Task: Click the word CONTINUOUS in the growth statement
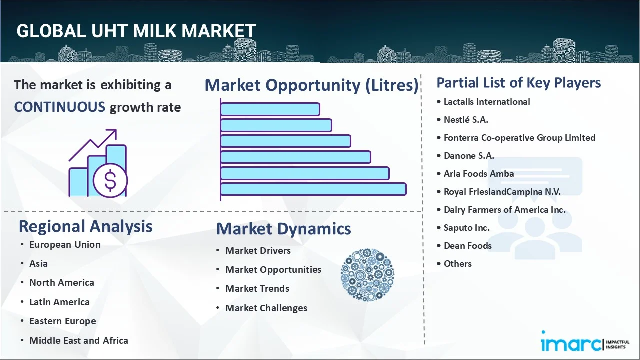(x=59, y=107)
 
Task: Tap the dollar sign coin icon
(x=110, y=181)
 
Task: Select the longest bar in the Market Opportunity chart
(x=313, y=189)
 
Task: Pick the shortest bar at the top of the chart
(x=270, y=109)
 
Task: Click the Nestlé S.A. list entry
(x=466, y=120)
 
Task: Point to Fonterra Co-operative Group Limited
(x=519, y=138)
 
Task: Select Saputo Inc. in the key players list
(x=467, y=228)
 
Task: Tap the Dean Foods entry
(x=467, y=246)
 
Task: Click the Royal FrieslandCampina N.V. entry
(x=502, y=192)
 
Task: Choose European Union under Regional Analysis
(x=65, y=245)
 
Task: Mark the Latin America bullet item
(x=59, y=302)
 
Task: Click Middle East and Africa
(x=79, y=341)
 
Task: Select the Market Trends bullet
(x=257, y=289)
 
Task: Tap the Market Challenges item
(x=266, y=308)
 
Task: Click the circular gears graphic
(x=367, y=275)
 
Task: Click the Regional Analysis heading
(x=85, y=226)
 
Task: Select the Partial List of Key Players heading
(x=519, y=83)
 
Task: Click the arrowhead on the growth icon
(x=113, y=133)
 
